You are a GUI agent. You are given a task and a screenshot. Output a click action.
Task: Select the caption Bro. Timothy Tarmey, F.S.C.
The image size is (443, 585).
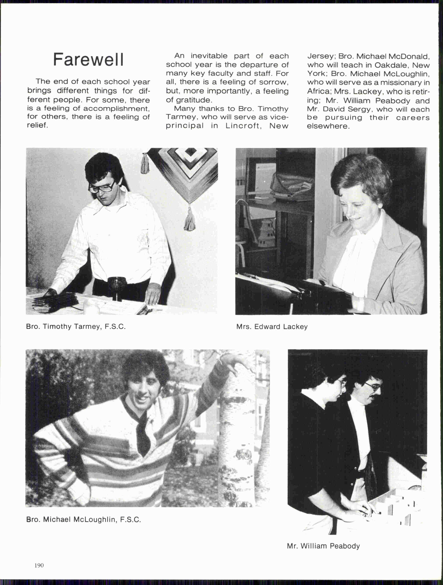76,327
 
